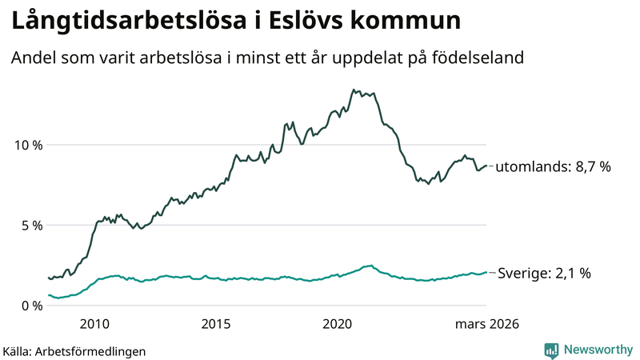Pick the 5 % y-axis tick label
pyautogui.click(x=29, y=225)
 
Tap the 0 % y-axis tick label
pyautogui.click(x=29, y=305)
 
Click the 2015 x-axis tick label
pyautogui.click(x=216, y=324)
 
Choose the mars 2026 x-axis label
pyautogui.click(x=488, y=324)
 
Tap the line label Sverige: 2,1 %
pyautogui.click(x=544, y=273)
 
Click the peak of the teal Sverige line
pyautogui.click(x=370, y=265)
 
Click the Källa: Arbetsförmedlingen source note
pyautogui.click(x=74, y=350)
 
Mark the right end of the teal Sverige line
pyautogui.click(x=486, y=272)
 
